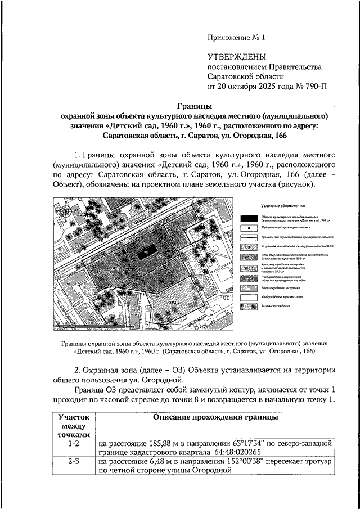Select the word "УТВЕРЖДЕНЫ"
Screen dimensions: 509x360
click(x=236, y=56)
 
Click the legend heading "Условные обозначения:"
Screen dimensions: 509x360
click(x=287, y=207)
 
